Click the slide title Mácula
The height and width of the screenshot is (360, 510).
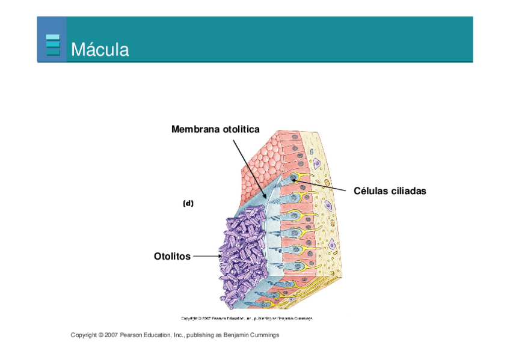click(x=100, y=49)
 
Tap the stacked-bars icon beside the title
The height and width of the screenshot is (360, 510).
click(x=53, y=46)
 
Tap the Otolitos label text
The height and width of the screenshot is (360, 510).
click(x=172, y=256)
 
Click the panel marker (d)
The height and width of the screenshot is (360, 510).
click(x=188, y=203)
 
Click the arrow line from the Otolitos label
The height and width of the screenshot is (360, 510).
click(x=206, y=256)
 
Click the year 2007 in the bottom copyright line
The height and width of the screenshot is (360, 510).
click(x=111, y=335)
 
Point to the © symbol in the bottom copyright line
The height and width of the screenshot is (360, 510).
click(x=100, y=335)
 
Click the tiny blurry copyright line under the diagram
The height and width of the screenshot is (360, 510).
click(x=247, y=318)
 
